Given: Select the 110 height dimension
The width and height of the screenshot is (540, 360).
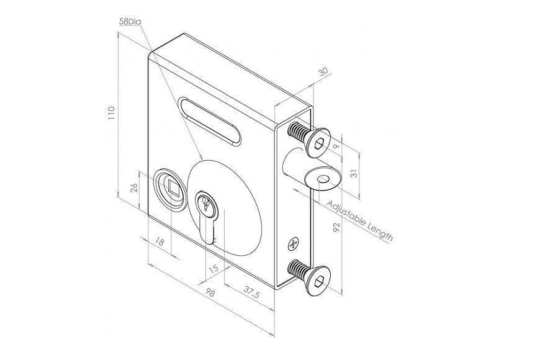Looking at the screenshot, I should tap(111, 114).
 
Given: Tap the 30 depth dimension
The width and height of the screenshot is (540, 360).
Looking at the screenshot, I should tap(322, 72).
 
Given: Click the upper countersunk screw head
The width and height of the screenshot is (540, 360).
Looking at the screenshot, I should tap(318, 143).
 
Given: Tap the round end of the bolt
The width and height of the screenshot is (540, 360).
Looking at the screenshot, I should tap(322, 181).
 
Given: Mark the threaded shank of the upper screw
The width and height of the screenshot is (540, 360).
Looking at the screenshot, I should tap(298, 132).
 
